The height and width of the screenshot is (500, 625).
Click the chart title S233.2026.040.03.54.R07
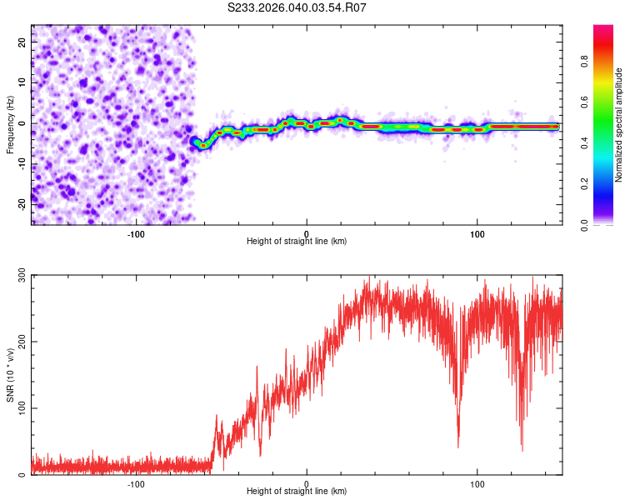297,7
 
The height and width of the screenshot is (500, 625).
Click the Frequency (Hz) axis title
10,124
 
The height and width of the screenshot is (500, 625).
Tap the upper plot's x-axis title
297,241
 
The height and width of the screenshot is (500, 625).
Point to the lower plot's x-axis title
297,491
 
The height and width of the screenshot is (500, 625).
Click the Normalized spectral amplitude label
619,125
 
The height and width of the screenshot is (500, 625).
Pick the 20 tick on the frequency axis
22,41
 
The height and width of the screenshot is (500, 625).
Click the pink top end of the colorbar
603,28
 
